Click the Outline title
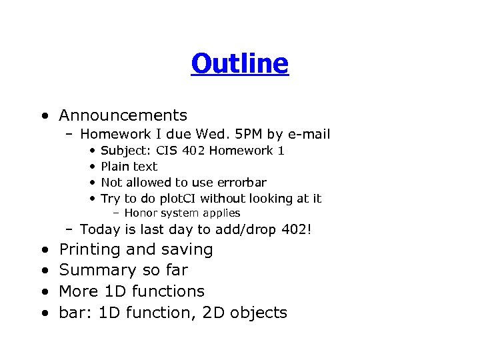pyautogui.click(x=239, y=64)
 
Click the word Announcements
pyautogui.click(x=123, y=116)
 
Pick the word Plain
pyautogui.click(x=115, y=167)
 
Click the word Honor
pyautogui.click(x=139, y=213)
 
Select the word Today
pyautogui.click(x=99, y=230)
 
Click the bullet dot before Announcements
pyautogui.click(x=43, y=117)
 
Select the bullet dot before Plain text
pyautogui.click(x=92, y=167)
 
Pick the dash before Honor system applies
pyautogui.click(x=116, y=213)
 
